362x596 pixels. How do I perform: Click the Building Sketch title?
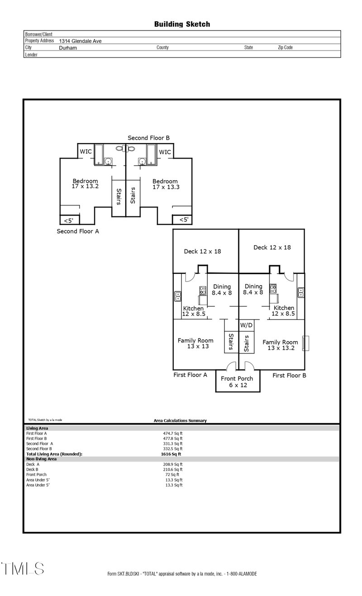[182, 24]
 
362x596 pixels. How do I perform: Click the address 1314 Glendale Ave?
[80, 41]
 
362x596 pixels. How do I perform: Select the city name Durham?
[68, 48]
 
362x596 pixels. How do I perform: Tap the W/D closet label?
[246, 325]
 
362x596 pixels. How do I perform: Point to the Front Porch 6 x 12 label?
[237, 382]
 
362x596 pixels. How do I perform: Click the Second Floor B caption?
[148, 138]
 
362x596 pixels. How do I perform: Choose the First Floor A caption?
[190, 375]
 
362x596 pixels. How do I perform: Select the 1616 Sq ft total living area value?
[171, 454]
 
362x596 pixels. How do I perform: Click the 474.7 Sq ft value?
[172, 434]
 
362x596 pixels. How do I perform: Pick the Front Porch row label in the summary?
[36, 475]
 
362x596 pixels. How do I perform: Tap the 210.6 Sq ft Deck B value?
[172, 470]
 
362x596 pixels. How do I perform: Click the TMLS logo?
[23, 569]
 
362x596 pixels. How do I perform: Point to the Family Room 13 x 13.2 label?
[281, 345]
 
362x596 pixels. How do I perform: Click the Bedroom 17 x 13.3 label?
[166, 184]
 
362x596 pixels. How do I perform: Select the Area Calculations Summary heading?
[180, 421]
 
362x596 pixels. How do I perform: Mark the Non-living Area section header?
[41, 459]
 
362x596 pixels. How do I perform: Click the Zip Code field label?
[285, 48]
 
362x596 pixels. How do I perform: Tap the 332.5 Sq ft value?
[172, 449]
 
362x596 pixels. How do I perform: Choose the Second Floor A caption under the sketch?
[78, 231]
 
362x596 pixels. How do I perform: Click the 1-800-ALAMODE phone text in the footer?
[242, 574]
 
